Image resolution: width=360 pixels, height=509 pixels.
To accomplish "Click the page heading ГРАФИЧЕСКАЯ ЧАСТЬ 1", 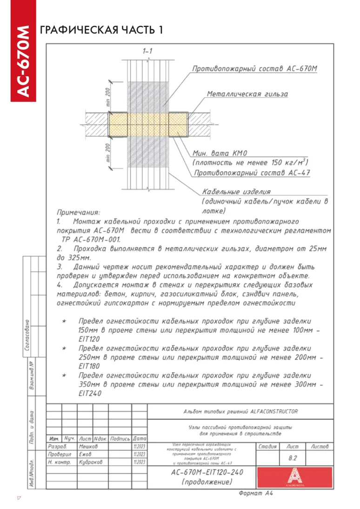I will pyautogui.click(x=102, y=30).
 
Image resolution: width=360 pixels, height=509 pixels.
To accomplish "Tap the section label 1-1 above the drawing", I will pyautogui.click(x=148, y=51).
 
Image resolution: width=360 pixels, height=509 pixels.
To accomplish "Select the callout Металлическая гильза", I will pyautogui.click(x=247, y=94).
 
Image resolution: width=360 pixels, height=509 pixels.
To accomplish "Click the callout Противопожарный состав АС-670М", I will pyautogui.click(x=255, y=69).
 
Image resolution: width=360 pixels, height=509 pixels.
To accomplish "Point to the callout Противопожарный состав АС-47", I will pyautogui.click(x=252, y=173).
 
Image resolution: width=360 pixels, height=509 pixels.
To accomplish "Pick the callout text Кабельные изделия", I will pyautogui.click(x=236, y=192).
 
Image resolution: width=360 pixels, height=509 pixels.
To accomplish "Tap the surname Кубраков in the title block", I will pyautogui.click(x=91, y=462).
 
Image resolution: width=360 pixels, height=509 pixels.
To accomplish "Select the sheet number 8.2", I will pyautogui.click(x=293, y=458).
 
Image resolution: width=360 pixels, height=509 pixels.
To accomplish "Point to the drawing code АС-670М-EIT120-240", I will pyautogui.click(x=207, y=472).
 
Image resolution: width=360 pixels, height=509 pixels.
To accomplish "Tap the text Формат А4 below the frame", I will pyautogui.click(x=255, y=493).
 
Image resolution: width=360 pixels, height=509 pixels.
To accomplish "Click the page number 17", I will pyautogui.click(x=19, y=498).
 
